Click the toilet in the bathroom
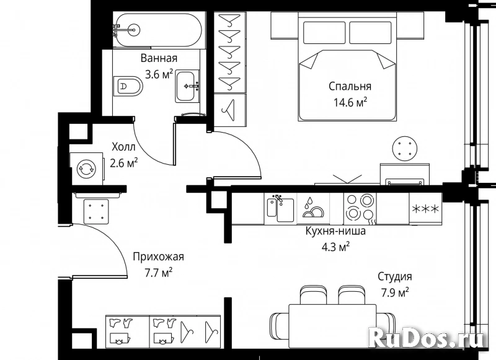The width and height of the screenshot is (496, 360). coord(128,86)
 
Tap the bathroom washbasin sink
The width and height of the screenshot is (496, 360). coord(187,86)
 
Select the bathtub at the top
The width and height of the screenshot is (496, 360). coord(157,30)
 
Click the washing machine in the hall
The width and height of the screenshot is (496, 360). coord(87,169)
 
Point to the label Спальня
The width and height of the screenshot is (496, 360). coord(350,86)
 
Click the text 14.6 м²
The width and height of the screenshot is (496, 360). coord(350,102)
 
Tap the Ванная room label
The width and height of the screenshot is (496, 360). coord(159,58)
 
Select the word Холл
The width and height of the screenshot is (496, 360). coord(123,147)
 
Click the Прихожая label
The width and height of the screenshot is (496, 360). coord(158,257)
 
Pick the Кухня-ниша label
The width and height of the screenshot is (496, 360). coord(335,231)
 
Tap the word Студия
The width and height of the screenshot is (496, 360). coord(395,276)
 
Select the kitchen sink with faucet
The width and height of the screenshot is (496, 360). coord(280,208)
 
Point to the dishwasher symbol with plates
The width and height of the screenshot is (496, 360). coord(313,208)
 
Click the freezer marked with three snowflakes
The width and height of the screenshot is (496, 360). coord(425,209)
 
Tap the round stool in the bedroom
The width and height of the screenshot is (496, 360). coord(404,148)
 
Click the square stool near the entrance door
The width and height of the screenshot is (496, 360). coord(97,211)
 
